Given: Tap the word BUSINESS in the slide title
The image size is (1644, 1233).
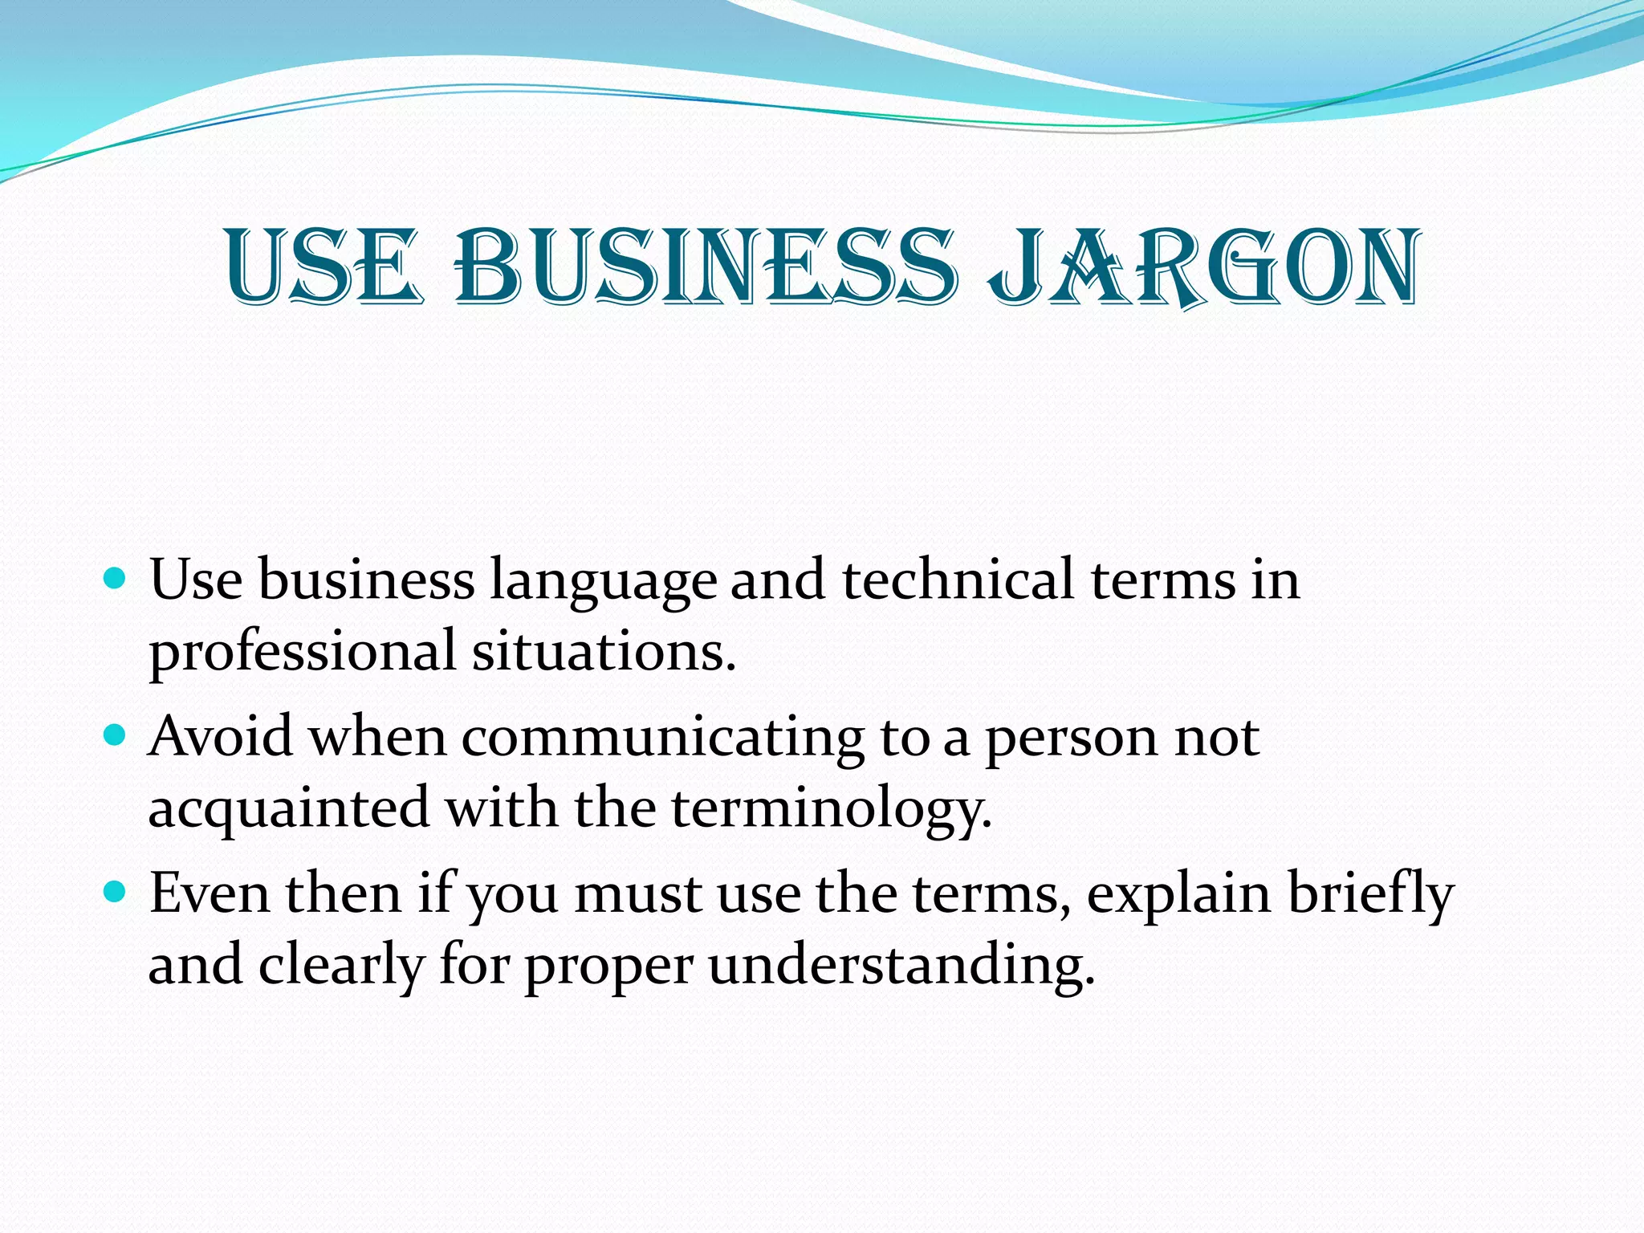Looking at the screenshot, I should tap(706, 268).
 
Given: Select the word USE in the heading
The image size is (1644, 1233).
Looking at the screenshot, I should tap(323, 268).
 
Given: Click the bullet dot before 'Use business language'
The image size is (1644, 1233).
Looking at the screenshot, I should tap(116, 577).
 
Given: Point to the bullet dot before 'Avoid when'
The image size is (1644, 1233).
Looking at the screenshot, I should tap(116, 735).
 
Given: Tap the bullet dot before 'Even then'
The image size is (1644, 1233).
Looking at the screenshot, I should tap(116, 891).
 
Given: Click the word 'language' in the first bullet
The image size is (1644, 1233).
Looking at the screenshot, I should tap(603, 581).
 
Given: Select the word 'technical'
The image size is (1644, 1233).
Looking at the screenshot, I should tap(957, 580).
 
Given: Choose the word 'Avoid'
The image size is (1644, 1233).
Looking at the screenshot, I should tap(221, 736).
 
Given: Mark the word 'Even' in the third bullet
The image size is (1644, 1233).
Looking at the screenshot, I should tap(210, 893).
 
